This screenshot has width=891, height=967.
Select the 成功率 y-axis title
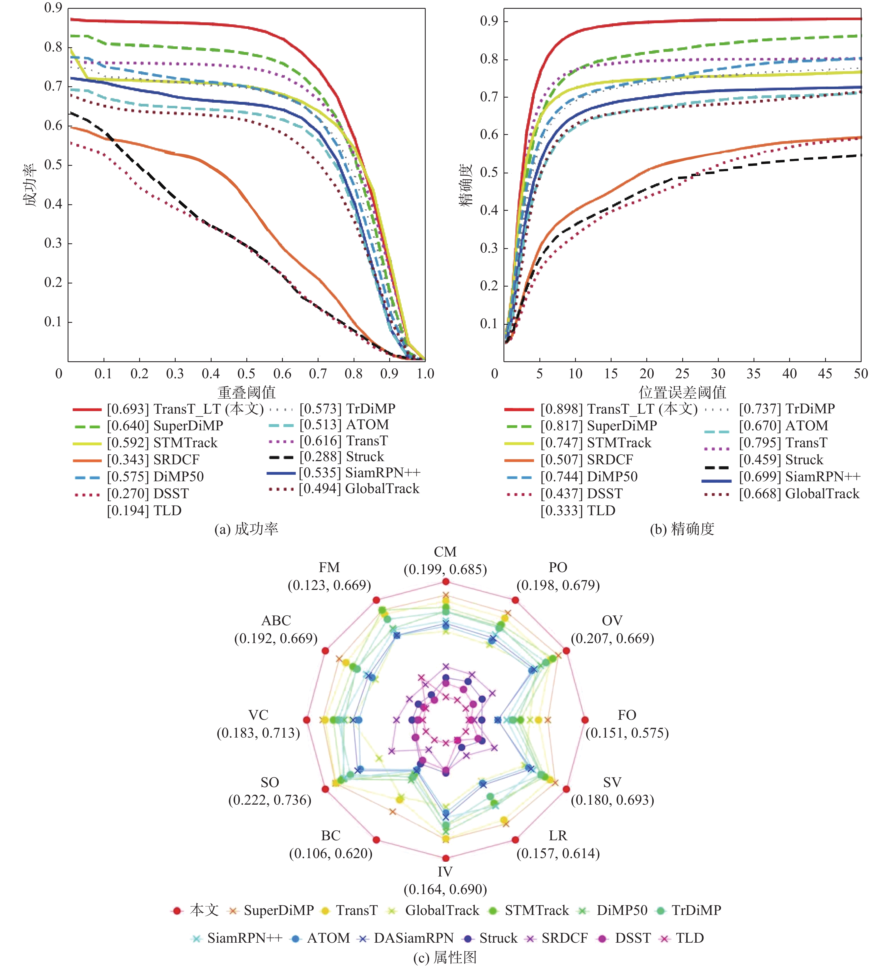(30, 185)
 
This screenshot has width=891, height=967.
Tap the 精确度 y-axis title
(465, 185)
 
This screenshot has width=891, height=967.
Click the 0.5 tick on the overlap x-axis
(246, 374)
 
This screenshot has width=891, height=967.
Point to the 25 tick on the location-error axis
(682, 374)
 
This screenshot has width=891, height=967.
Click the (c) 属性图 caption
(445, 957)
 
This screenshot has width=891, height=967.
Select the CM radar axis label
(445, 552)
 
